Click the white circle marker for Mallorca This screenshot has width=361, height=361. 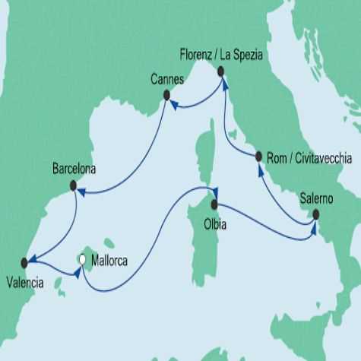click(81, 260)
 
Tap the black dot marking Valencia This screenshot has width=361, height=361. click(25, 262)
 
